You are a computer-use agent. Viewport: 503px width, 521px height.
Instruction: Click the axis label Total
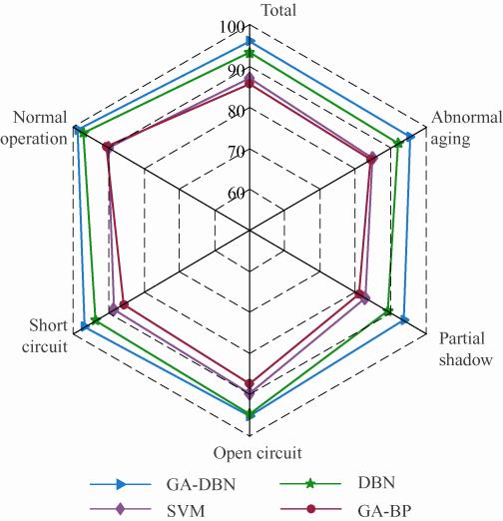278,10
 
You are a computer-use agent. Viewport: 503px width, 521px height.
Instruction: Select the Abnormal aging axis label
466,128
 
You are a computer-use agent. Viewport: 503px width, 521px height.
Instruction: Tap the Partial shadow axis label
465,349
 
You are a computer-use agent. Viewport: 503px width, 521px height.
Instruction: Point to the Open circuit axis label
257,453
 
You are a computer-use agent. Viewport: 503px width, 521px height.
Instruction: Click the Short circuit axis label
45,335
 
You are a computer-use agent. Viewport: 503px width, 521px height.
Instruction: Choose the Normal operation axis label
34,128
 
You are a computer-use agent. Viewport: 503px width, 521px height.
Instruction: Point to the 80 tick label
237,112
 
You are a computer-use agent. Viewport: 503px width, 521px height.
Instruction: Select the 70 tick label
237,153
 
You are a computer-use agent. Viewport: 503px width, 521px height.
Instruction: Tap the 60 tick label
237,194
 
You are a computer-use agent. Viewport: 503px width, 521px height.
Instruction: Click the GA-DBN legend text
201,484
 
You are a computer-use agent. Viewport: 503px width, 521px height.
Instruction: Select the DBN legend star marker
310,483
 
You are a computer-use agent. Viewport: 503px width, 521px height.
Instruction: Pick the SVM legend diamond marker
120,509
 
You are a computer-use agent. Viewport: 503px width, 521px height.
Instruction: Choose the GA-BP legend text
384,510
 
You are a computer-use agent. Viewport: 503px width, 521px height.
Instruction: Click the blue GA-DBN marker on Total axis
250,41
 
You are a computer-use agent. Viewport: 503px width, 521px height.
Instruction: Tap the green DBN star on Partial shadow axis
388,311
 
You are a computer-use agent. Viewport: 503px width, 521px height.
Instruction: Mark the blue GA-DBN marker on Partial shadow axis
404,320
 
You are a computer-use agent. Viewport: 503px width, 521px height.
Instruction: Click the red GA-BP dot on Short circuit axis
124,304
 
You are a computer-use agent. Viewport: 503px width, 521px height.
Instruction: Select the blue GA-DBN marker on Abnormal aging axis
411,137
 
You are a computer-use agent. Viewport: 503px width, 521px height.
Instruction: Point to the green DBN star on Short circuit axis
96,320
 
